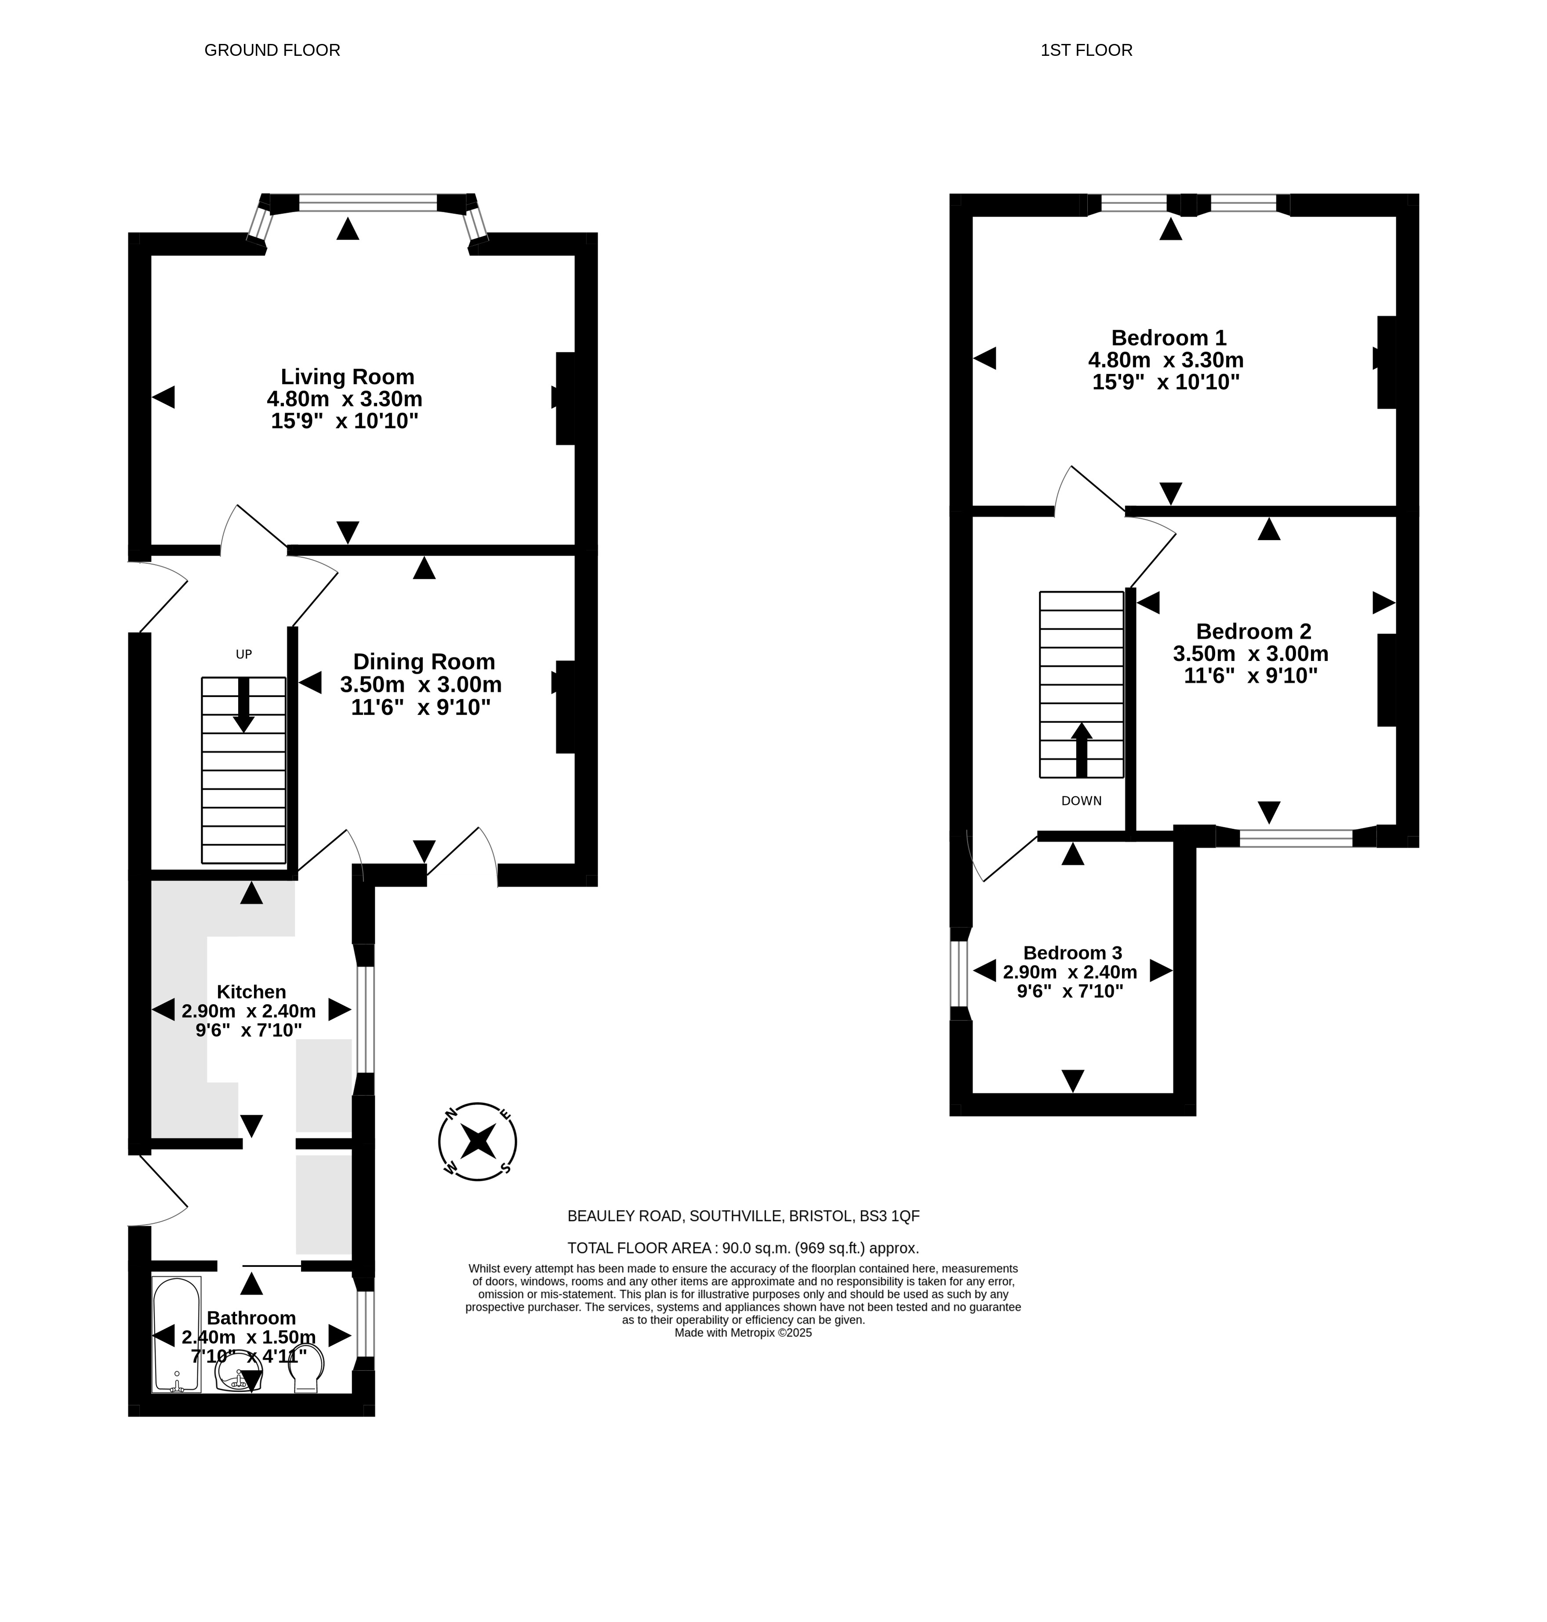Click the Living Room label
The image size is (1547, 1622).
(x=347, y=377)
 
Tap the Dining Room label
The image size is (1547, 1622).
(x=424, y=662)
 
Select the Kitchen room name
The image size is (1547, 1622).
(x=251, y=992)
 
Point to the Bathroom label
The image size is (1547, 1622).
(x=251, y=1318)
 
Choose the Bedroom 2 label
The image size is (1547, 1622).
(x=1253, y=631)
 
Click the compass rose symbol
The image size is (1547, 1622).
(x=477, y=1142)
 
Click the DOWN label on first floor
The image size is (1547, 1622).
(x=1081, y=801)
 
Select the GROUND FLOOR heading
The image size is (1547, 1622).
(x=272, y=50)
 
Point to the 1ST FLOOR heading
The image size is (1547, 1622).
(x=1086, y=50)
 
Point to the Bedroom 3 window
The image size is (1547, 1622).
(x=958, y=974)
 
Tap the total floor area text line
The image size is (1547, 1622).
(x=743, y=1248)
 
